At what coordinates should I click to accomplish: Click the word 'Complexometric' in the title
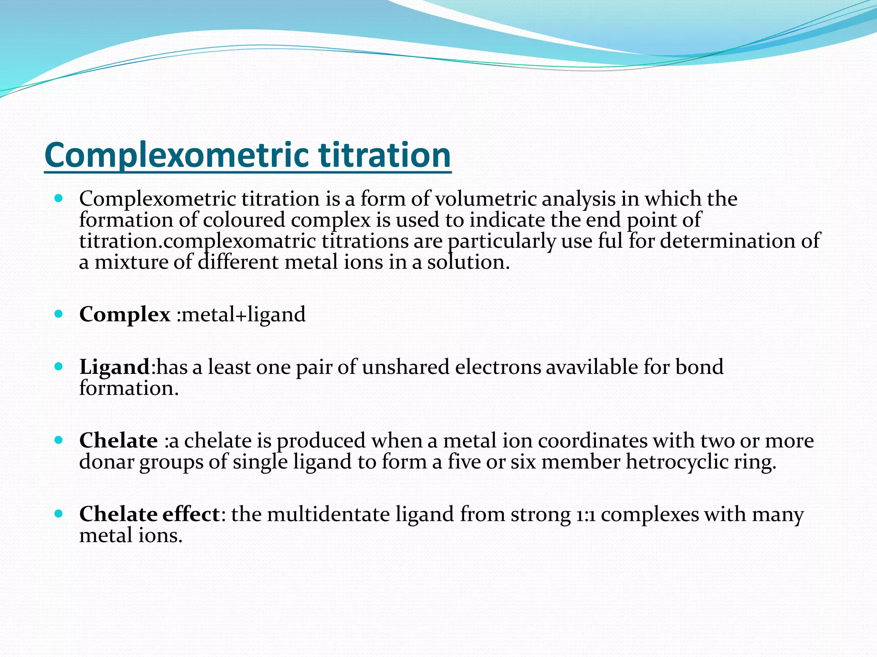[176, 155]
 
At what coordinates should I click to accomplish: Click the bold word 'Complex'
[125, 315]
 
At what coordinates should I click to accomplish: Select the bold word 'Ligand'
[114, 367]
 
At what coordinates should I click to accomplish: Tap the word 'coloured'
[244, 220]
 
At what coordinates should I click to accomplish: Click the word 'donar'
[107, 462]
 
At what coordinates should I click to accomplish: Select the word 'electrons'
[498, 367]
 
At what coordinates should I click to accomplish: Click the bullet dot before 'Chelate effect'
[59, 513]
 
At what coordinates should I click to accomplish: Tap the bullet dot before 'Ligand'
[59, 367]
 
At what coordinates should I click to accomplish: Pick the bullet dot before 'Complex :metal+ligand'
[59, 314]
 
